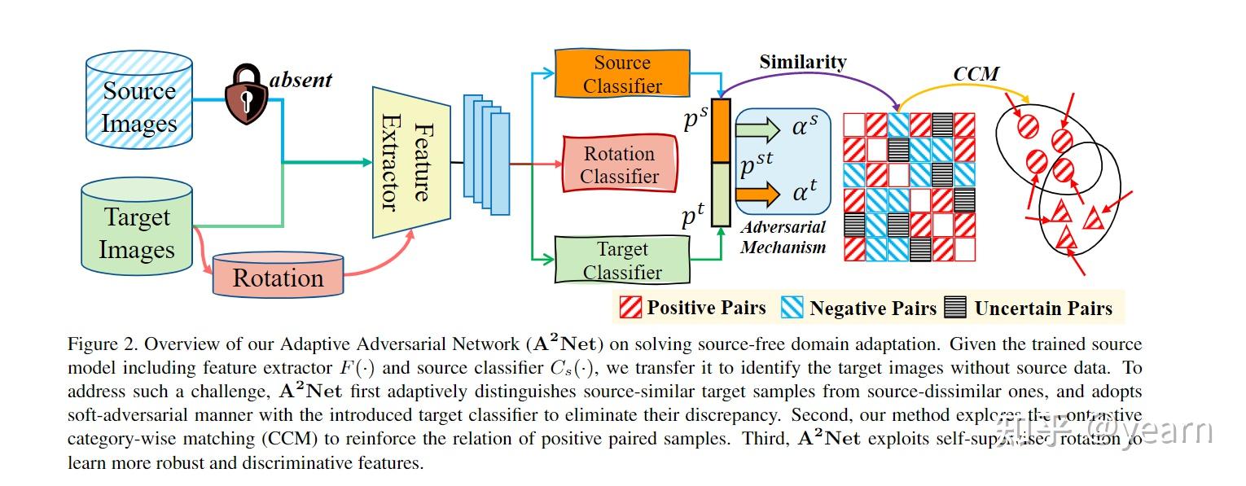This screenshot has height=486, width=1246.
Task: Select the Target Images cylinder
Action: [137, 231]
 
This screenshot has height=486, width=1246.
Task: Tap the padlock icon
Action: [245, 95]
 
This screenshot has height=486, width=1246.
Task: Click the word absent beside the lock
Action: [301, 80]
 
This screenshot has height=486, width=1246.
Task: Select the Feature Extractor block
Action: [411, 162]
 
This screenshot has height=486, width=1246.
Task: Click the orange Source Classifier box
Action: [621, 74]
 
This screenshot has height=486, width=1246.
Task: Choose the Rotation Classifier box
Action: [619, 164]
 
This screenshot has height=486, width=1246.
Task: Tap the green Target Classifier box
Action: [621, 260]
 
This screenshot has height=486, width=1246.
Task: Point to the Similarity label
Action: [802, 62]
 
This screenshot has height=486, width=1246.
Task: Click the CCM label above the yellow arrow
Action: [976, 74]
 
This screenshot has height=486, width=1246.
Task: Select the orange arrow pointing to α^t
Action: [757, 194]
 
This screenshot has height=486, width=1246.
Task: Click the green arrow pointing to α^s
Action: [757, 129]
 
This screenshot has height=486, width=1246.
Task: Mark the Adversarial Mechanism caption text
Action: [783, 237]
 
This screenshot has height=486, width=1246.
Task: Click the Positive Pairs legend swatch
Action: [631, 308]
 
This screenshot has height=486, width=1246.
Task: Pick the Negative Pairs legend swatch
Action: [792, 308]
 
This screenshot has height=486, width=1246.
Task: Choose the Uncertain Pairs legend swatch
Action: [955, 308]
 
